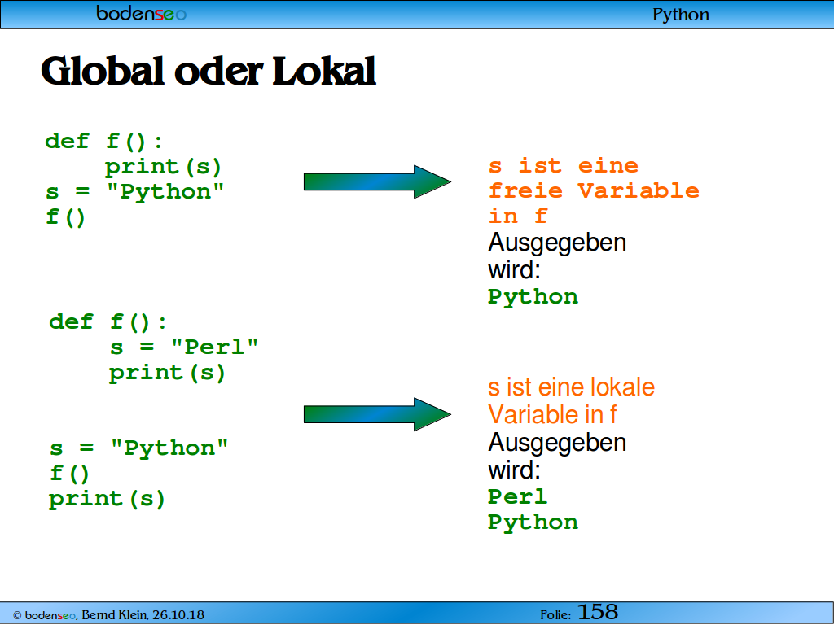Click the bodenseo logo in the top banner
[142, 13]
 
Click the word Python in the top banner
[681, 15]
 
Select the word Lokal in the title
[324, 71]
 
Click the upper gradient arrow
[377, 181]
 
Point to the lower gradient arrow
[377, 414]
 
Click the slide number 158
[598, 612]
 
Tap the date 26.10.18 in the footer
[178, 615]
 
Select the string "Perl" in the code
[214, 347]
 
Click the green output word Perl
[517, 496]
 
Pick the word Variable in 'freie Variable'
[639, 190]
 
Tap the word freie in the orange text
[525, 190]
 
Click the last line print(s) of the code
[107, 500]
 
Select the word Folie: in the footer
[555, 615]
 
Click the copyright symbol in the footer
[17, 615]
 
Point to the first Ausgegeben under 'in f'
[557, 243]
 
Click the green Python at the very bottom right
[533, 523]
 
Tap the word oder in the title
[218, 71]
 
